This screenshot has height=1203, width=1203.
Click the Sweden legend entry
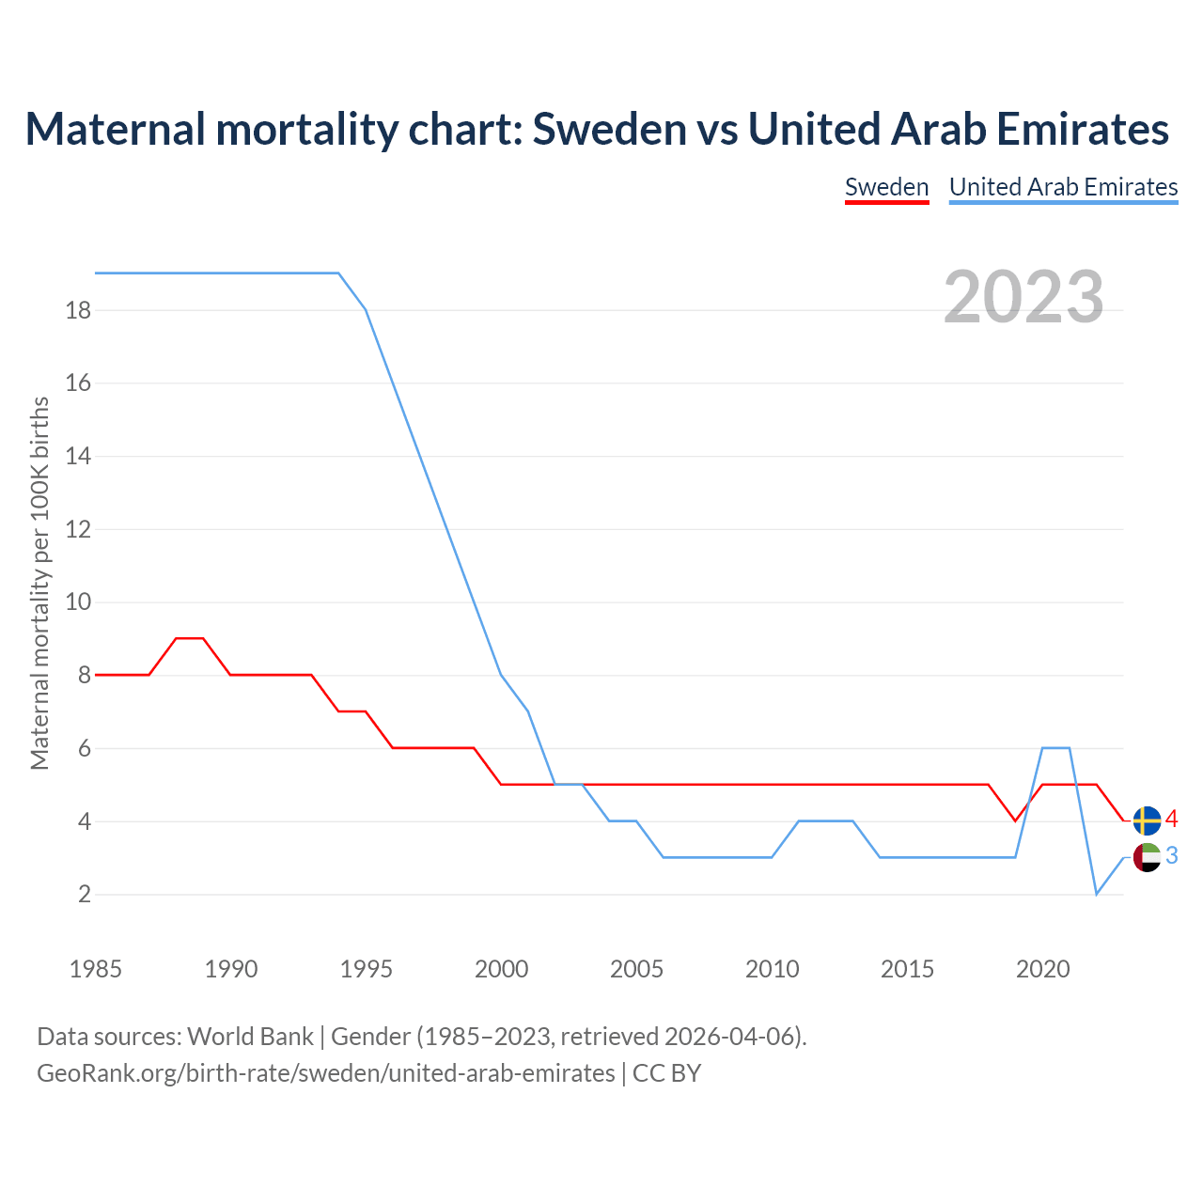(886, 187)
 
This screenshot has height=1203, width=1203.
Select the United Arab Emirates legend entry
(1063, 187)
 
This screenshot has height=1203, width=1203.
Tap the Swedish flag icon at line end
(1147, 820)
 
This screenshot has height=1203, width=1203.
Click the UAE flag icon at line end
(1147, 857)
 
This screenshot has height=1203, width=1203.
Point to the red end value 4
(1171, 820)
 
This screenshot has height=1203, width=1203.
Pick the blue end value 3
(1171, 856)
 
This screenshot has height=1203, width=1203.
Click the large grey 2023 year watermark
(1023, 296)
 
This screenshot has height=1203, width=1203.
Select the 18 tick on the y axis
(78, 310)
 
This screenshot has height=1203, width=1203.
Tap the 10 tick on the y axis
(78, 602)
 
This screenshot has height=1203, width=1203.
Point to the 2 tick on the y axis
(85, 895)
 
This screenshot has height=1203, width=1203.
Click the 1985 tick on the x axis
(96, 969)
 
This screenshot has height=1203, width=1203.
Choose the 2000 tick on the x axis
(501, 969)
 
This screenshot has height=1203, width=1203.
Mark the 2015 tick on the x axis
(907, 969)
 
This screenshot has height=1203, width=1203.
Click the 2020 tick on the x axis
(1042, 969)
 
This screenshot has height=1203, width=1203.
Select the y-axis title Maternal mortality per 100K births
(39, 583)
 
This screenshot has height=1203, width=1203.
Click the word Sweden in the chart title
(609, 129)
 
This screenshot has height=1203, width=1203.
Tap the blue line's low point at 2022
(1096, 894)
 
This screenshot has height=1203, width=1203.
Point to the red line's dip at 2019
(1015, 820)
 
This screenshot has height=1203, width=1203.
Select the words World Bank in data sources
(250, 1037)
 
